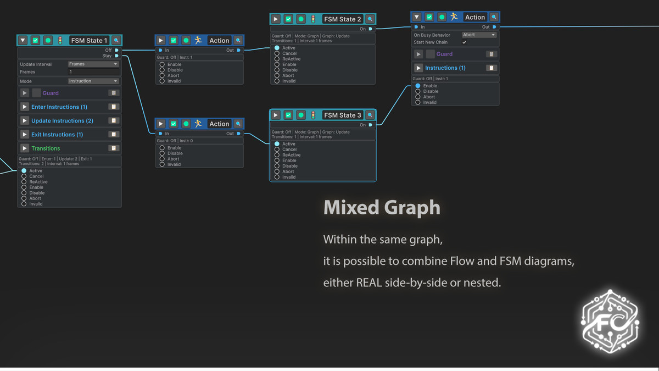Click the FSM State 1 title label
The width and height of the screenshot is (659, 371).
pos(89,41)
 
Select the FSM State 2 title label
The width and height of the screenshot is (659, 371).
pos(343,19)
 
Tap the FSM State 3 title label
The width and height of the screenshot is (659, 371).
pos(343,115)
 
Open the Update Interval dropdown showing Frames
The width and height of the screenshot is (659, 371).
pos(93,64)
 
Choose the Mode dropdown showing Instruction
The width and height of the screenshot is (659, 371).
pos(93,81)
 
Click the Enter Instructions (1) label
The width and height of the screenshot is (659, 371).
pos(59,107)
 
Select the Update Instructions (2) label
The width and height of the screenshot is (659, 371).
pos(62,121)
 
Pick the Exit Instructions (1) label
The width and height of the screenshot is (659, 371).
pos(57,135)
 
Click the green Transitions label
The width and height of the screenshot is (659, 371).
pos(46,148)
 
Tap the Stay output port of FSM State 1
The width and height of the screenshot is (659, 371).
pos(117,56)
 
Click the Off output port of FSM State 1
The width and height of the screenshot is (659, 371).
pos(117,50)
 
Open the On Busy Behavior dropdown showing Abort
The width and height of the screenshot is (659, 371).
pos(478,35)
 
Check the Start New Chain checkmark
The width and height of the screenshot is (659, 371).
pos(465,42)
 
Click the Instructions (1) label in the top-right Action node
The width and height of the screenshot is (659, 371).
pos(445,68)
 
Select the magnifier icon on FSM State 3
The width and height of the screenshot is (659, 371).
pos(370,115)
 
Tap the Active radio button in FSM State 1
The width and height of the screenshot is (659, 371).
pos(24,171)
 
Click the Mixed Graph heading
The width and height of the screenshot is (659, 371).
pos(382,207)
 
